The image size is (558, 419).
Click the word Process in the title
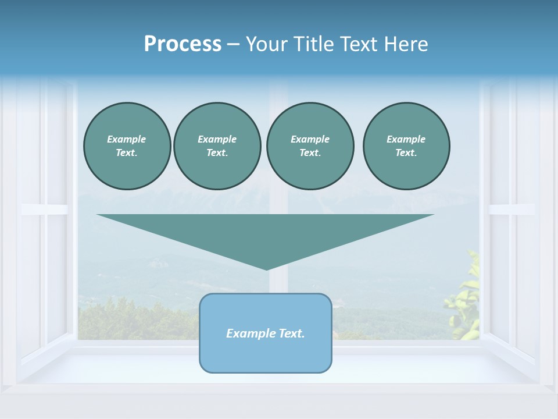point(183,44)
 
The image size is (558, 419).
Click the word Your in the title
point(268,44)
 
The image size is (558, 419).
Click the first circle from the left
point(127,146)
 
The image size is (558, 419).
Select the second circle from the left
point(217,146)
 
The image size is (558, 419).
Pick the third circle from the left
point(310,146)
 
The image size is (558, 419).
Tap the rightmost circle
point(406,146)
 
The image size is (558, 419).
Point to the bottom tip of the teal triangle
point(266,269)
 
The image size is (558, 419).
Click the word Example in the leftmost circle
point(127,139)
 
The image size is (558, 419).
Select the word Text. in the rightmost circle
point(406,153)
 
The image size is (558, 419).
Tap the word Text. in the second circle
point(217,153)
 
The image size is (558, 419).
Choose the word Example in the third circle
point(310,139)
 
